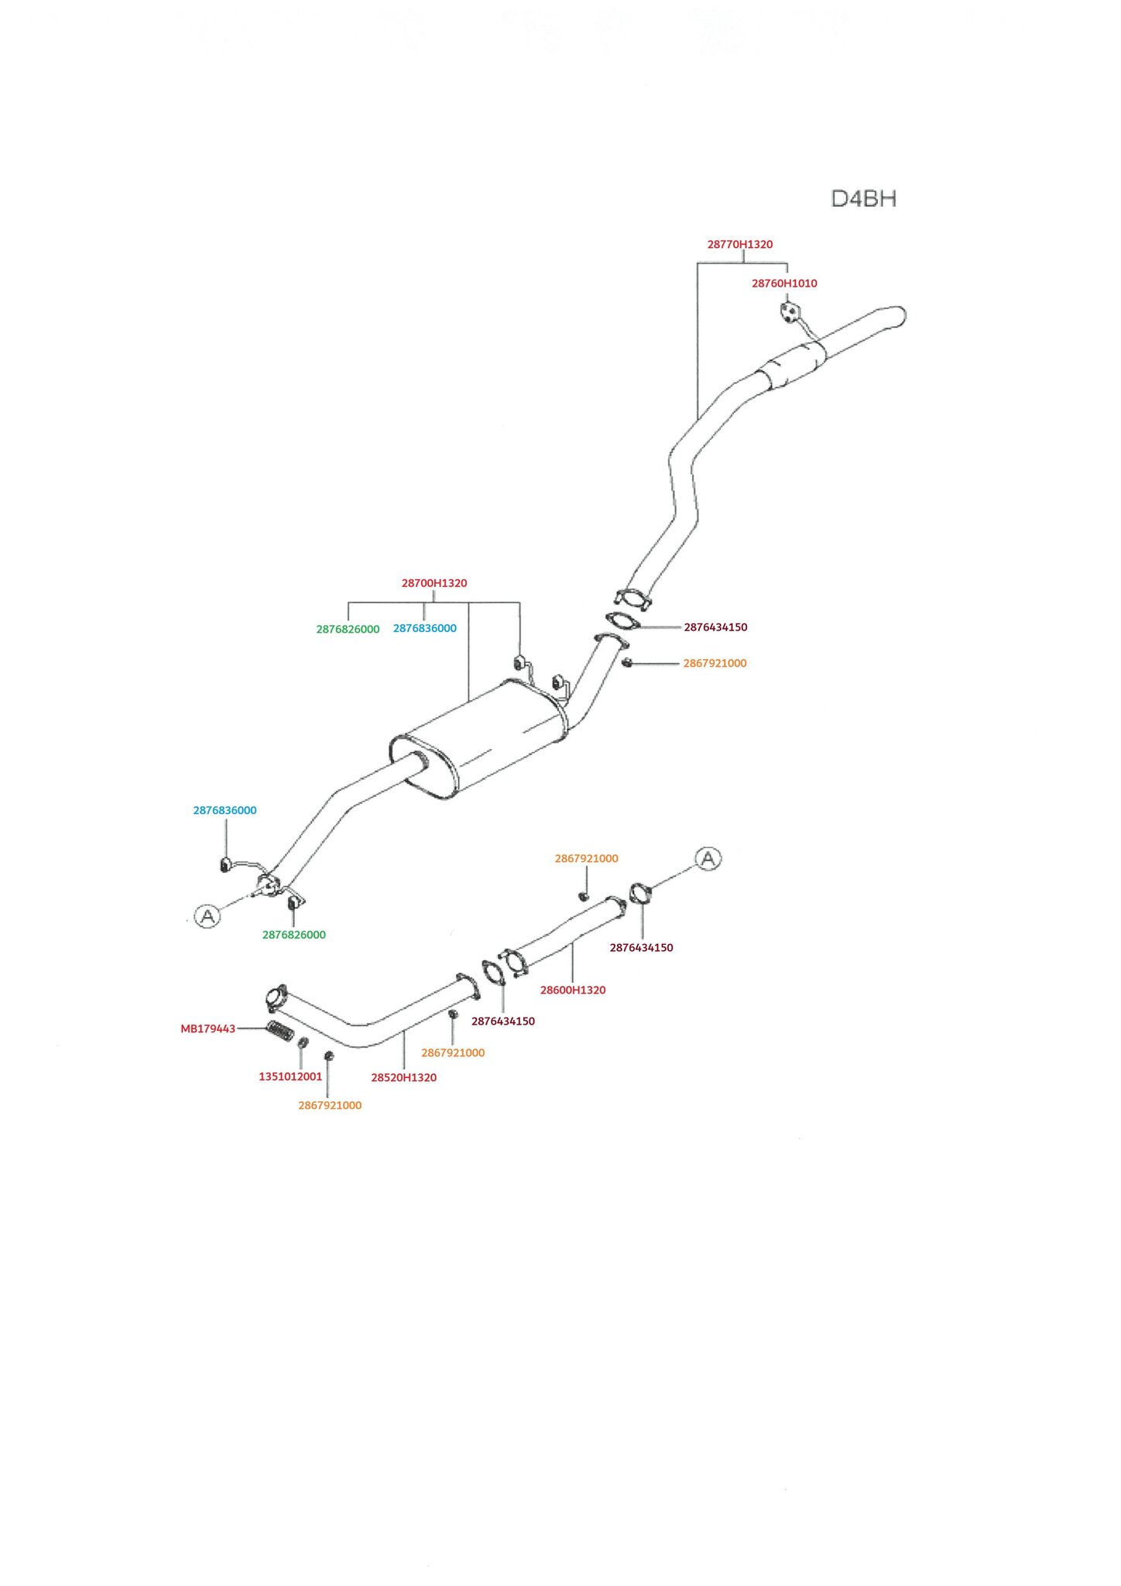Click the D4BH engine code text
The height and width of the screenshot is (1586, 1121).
coord(863,199)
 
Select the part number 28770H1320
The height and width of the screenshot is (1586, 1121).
coord(739,245)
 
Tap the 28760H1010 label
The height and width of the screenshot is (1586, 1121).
coord(783,283)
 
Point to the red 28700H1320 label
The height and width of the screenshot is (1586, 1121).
coord(434,583)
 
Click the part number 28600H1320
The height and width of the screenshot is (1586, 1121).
coord(572,990)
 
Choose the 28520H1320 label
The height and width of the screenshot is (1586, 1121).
coord(403,1077)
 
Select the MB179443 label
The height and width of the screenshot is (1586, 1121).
coord(207,1029)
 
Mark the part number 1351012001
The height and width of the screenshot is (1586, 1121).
coord(290,1076)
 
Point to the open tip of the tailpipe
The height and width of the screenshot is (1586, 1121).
coord(900,315)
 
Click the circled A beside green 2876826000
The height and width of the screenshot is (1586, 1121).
coord(207,916)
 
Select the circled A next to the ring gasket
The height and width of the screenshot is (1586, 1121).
coord(708,859)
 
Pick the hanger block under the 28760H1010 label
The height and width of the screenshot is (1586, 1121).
coord(788,311)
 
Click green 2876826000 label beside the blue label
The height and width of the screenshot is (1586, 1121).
coord(348,630)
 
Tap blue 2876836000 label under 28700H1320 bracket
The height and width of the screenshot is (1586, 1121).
coord(424,629)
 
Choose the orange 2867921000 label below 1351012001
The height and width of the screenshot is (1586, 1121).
coord(330,1106)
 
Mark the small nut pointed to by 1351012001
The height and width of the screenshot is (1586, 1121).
coord(303,1042)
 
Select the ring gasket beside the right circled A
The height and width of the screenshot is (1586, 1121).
coord(641,894)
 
